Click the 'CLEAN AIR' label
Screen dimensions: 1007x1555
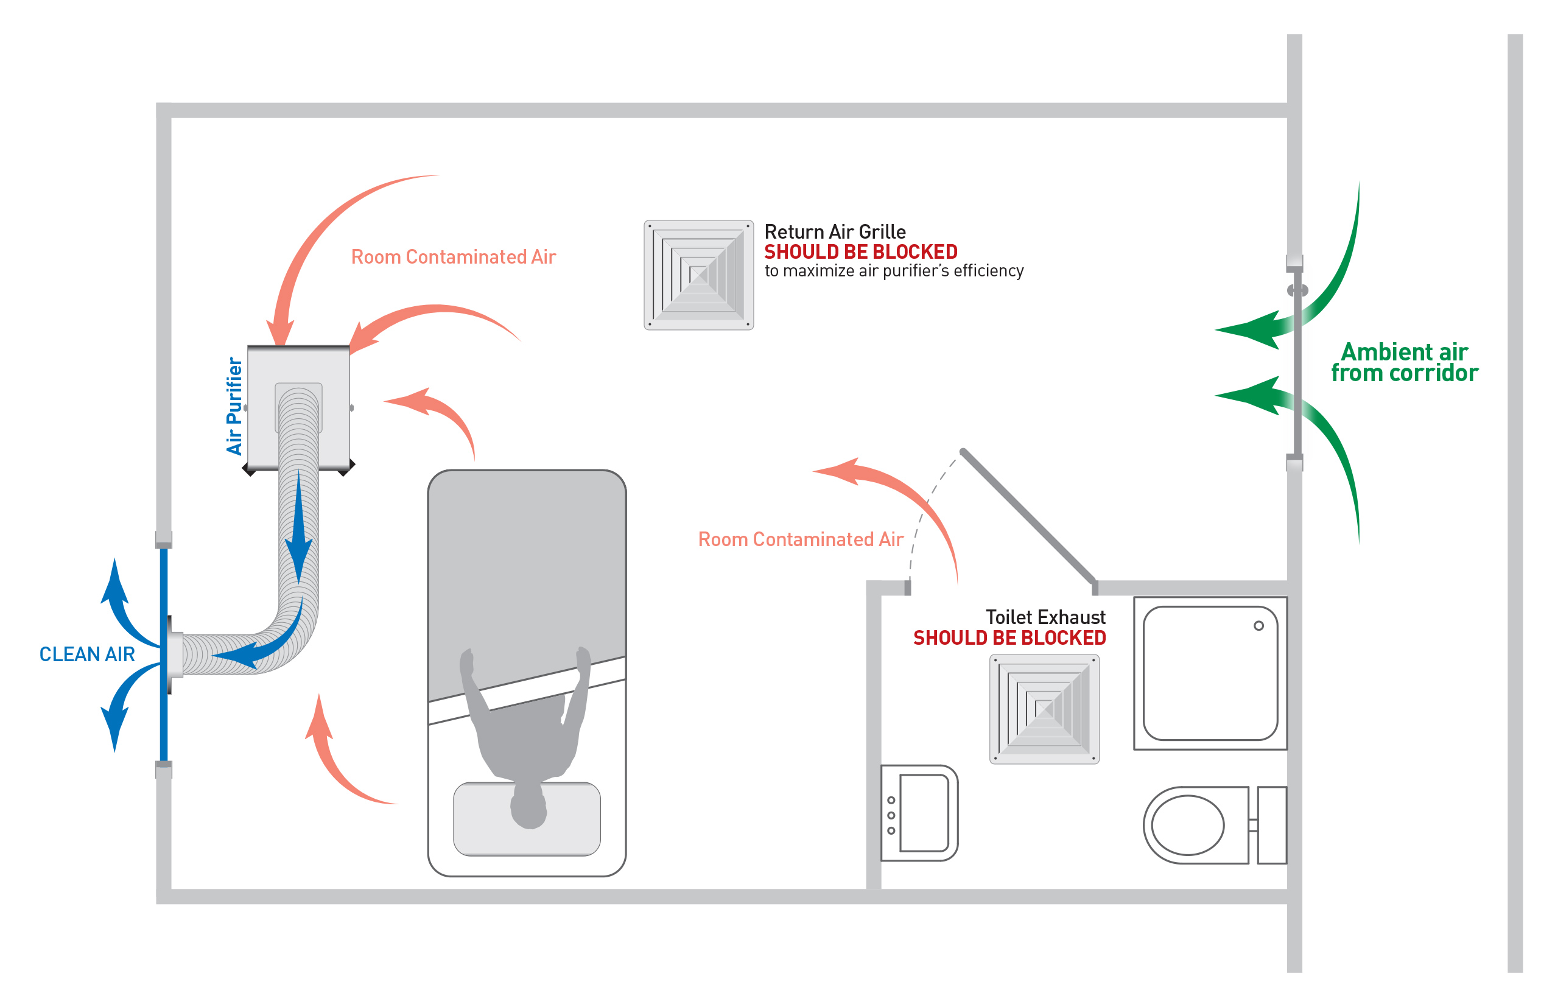(x=87, y=654)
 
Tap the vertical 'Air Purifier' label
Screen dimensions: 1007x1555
(x=234, y=406)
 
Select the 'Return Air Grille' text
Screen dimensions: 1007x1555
(x=834, y=232)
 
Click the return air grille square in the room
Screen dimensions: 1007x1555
(x=698, y=275)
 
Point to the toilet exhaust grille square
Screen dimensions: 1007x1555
(x=1044, y=709)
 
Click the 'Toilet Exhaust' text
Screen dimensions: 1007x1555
(x=1045, y=617)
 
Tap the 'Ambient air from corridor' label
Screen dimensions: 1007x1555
(x=1404, y=363)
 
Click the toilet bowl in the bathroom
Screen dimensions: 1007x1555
(x=1187, y=826)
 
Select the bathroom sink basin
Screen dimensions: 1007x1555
(x=923, y=813)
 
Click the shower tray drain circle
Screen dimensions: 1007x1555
(x=1258, y=626)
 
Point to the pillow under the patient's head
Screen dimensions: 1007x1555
(x=527, y=818)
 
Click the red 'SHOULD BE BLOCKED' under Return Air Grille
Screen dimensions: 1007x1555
(x=860, y=251)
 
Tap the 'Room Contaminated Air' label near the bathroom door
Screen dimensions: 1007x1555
(x=801, y=540)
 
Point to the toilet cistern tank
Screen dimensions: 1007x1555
(x=1271, y=826)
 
